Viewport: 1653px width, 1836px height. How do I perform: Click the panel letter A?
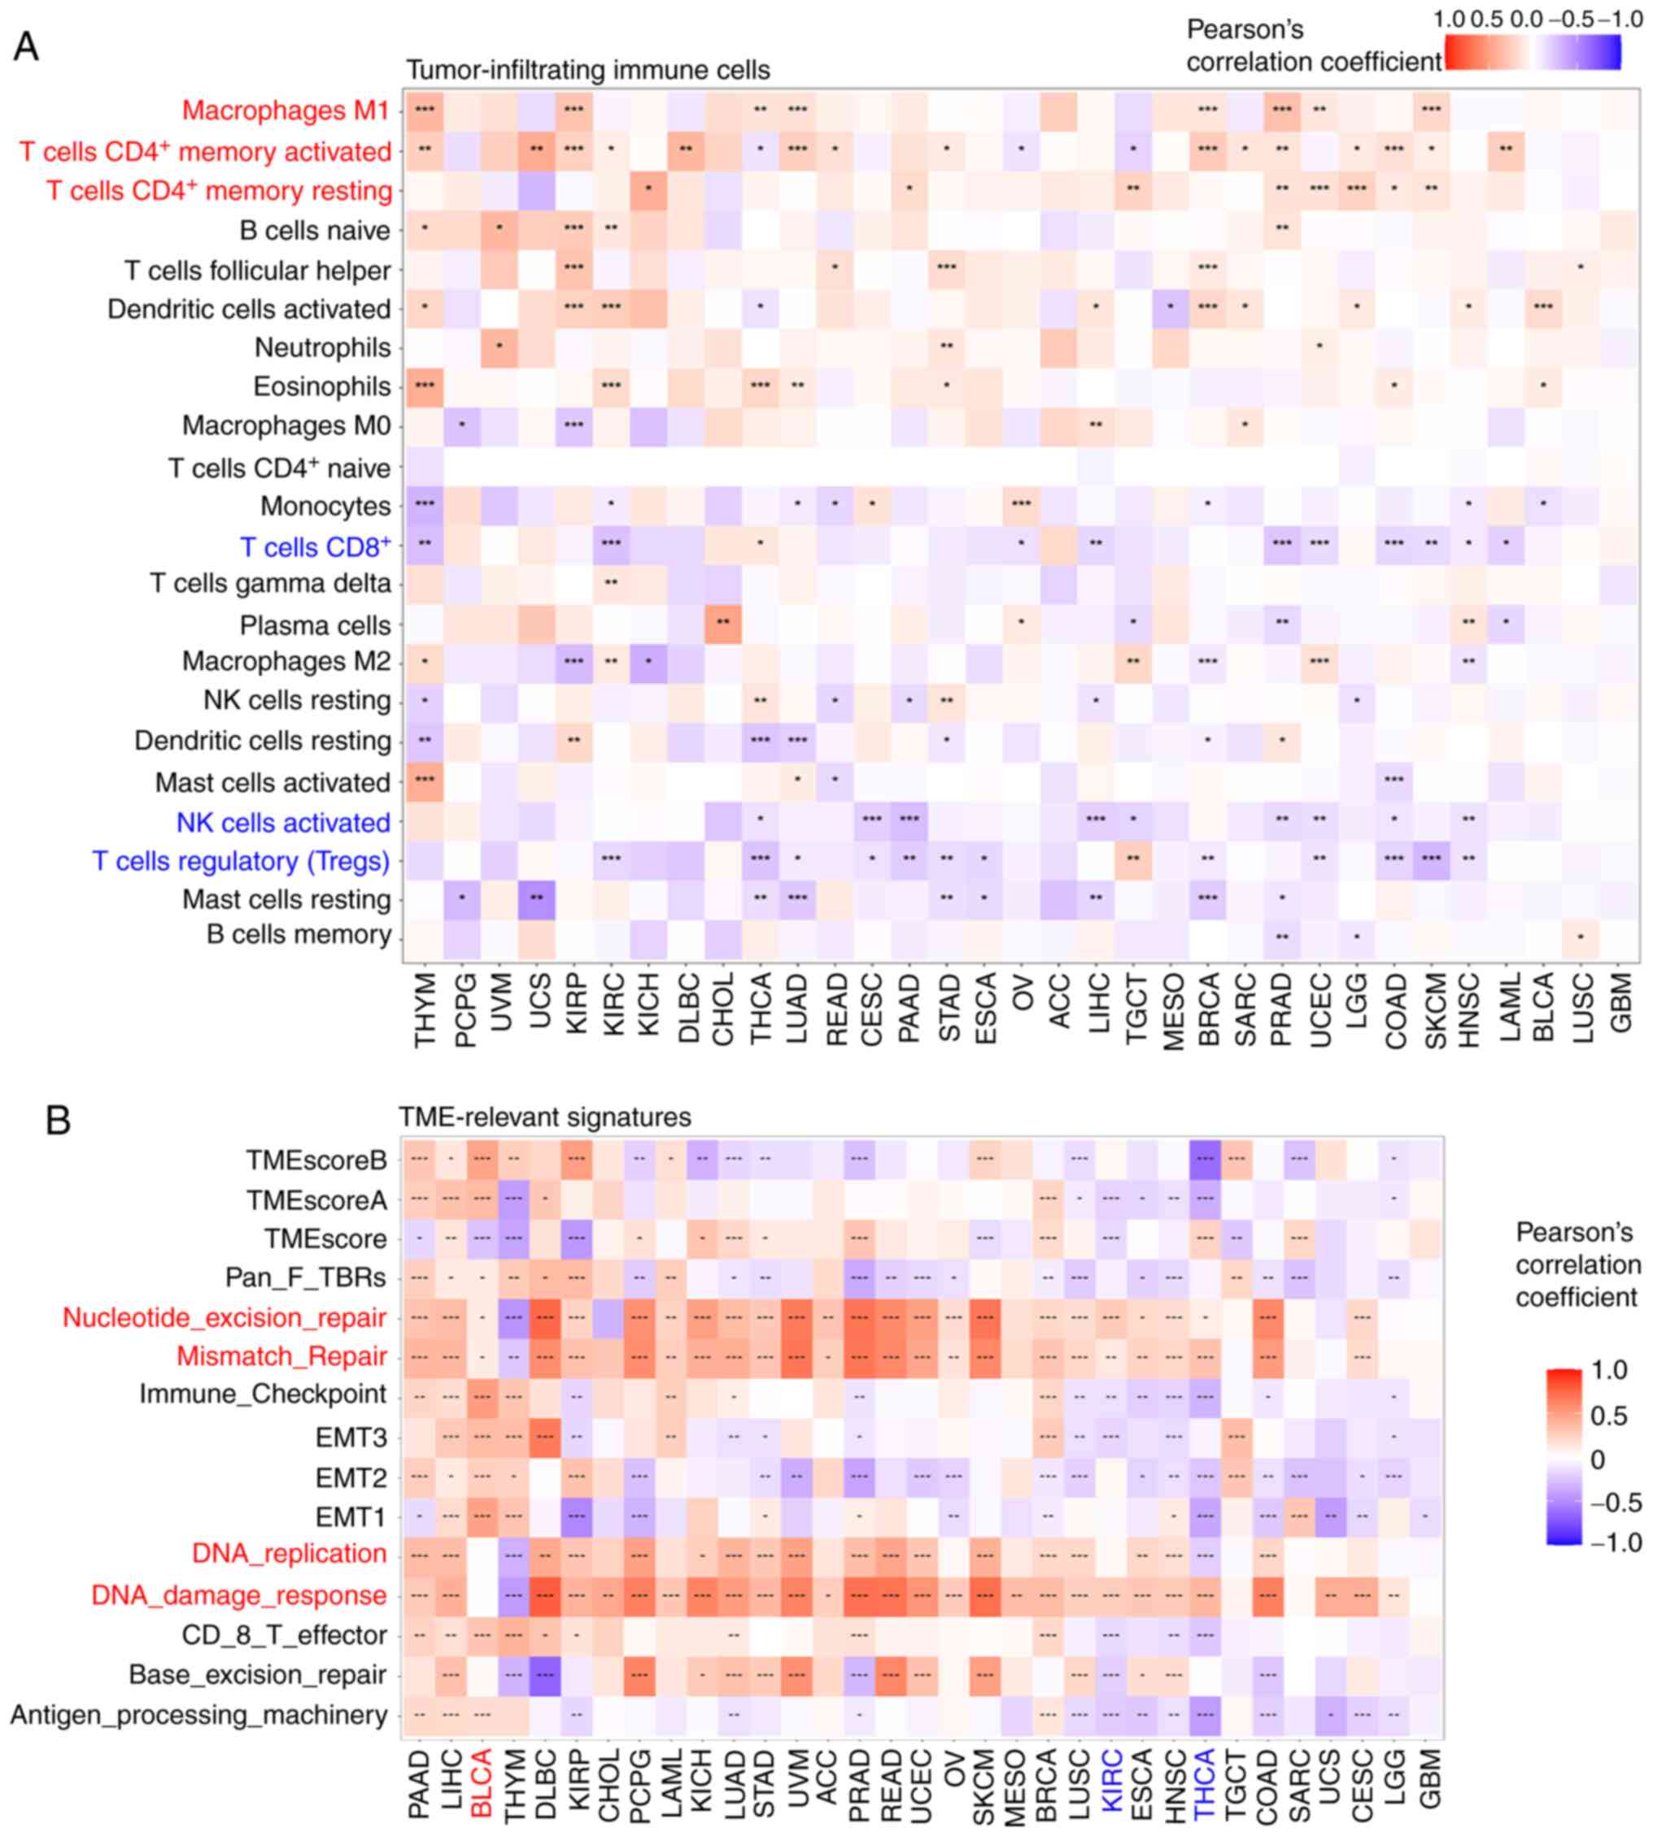26,46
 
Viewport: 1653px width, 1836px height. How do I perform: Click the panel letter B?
58,1120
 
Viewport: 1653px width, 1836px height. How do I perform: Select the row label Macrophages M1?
286,110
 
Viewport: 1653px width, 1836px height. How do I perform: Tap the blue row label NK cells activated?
283,823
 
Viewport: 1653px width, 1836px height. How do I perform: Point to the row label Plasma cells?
315,625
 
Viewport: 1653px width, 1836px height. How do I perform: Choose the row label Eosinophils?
321,387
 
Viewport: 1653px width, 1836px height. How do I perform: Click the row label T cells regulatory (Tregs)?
241,861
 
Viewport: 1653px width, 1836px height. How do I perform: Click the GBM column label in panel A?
1620,1003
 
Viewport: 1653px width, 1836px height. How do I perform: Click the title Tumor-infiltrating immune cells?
587,70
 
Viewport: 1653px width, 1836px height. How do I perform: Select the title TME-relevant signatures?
545,1117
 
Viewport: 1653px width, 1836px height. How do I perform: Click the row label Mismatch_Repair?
281,1356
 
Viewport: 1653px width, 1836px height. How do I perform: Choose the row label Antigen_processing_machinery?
199,1715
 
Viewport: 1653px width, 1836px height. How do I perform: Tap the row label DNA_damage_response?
239,1595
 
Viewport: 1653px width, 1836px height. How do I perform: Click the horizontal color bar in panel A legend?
1533,52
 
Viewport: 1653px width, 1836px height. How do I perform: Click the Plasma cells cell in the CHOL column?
723,625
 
